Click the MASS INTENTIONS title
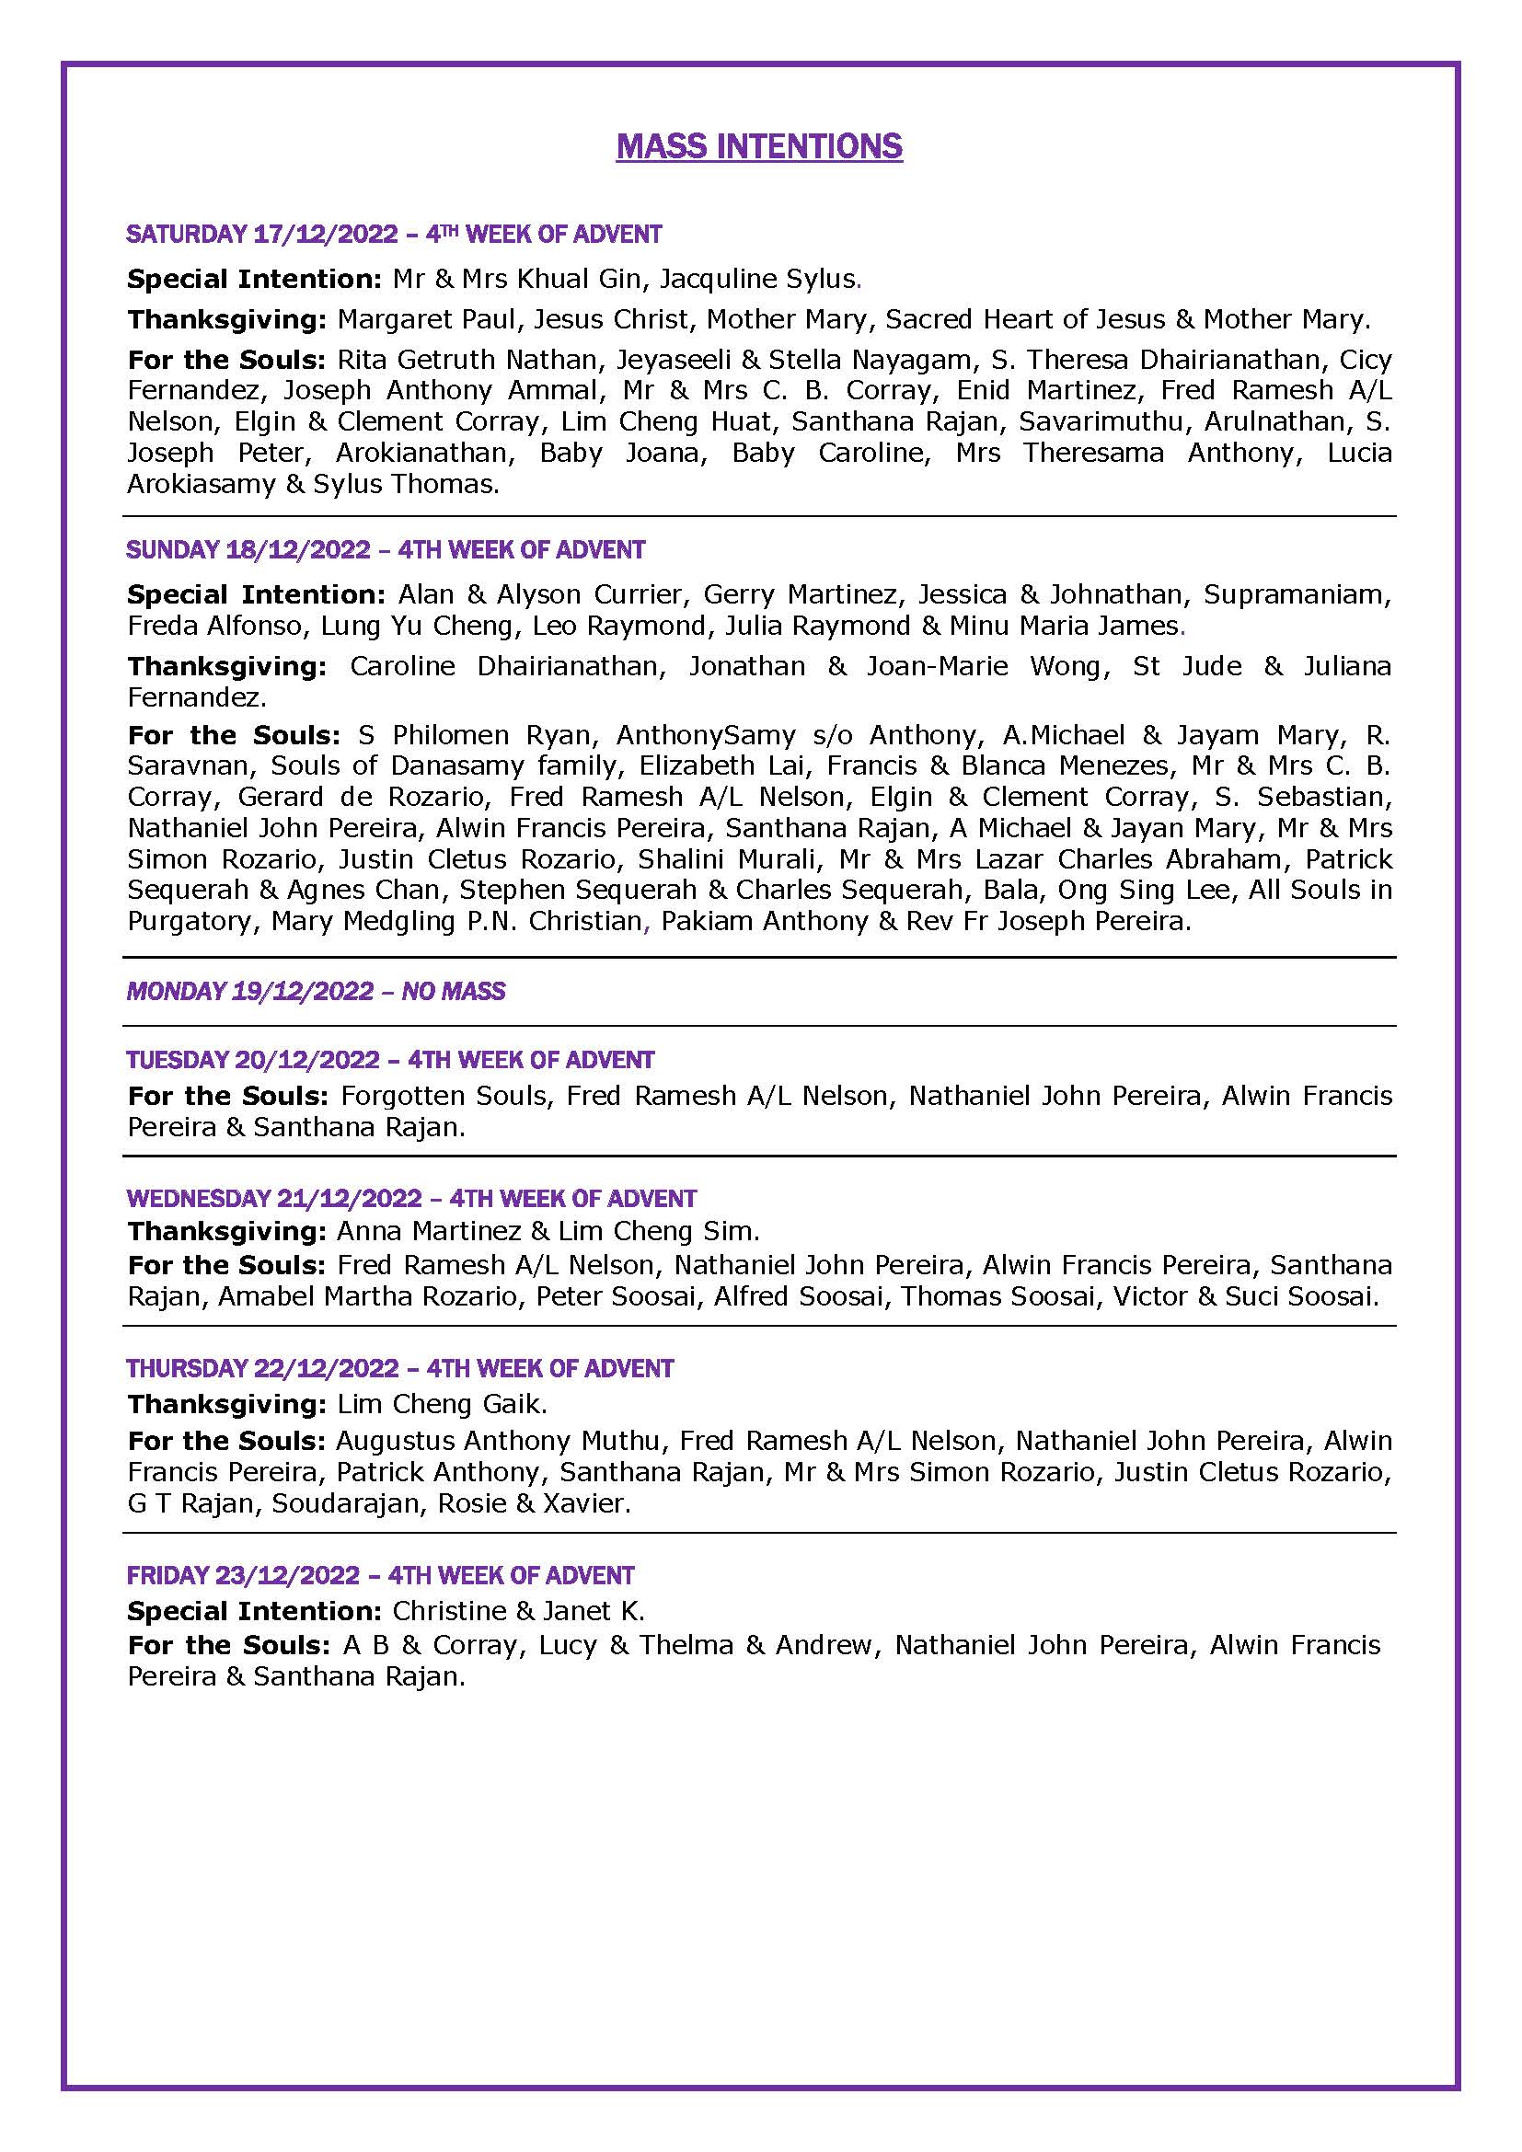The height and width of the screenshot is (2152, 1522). [759, 146]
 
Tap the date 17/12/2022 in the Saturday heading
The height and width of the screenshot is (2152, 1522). [326, 235]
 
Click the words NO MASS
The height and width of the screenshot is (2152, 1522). [454, 992]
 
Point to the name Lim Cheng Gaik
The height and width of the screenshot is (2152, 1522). [441, 1404]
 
